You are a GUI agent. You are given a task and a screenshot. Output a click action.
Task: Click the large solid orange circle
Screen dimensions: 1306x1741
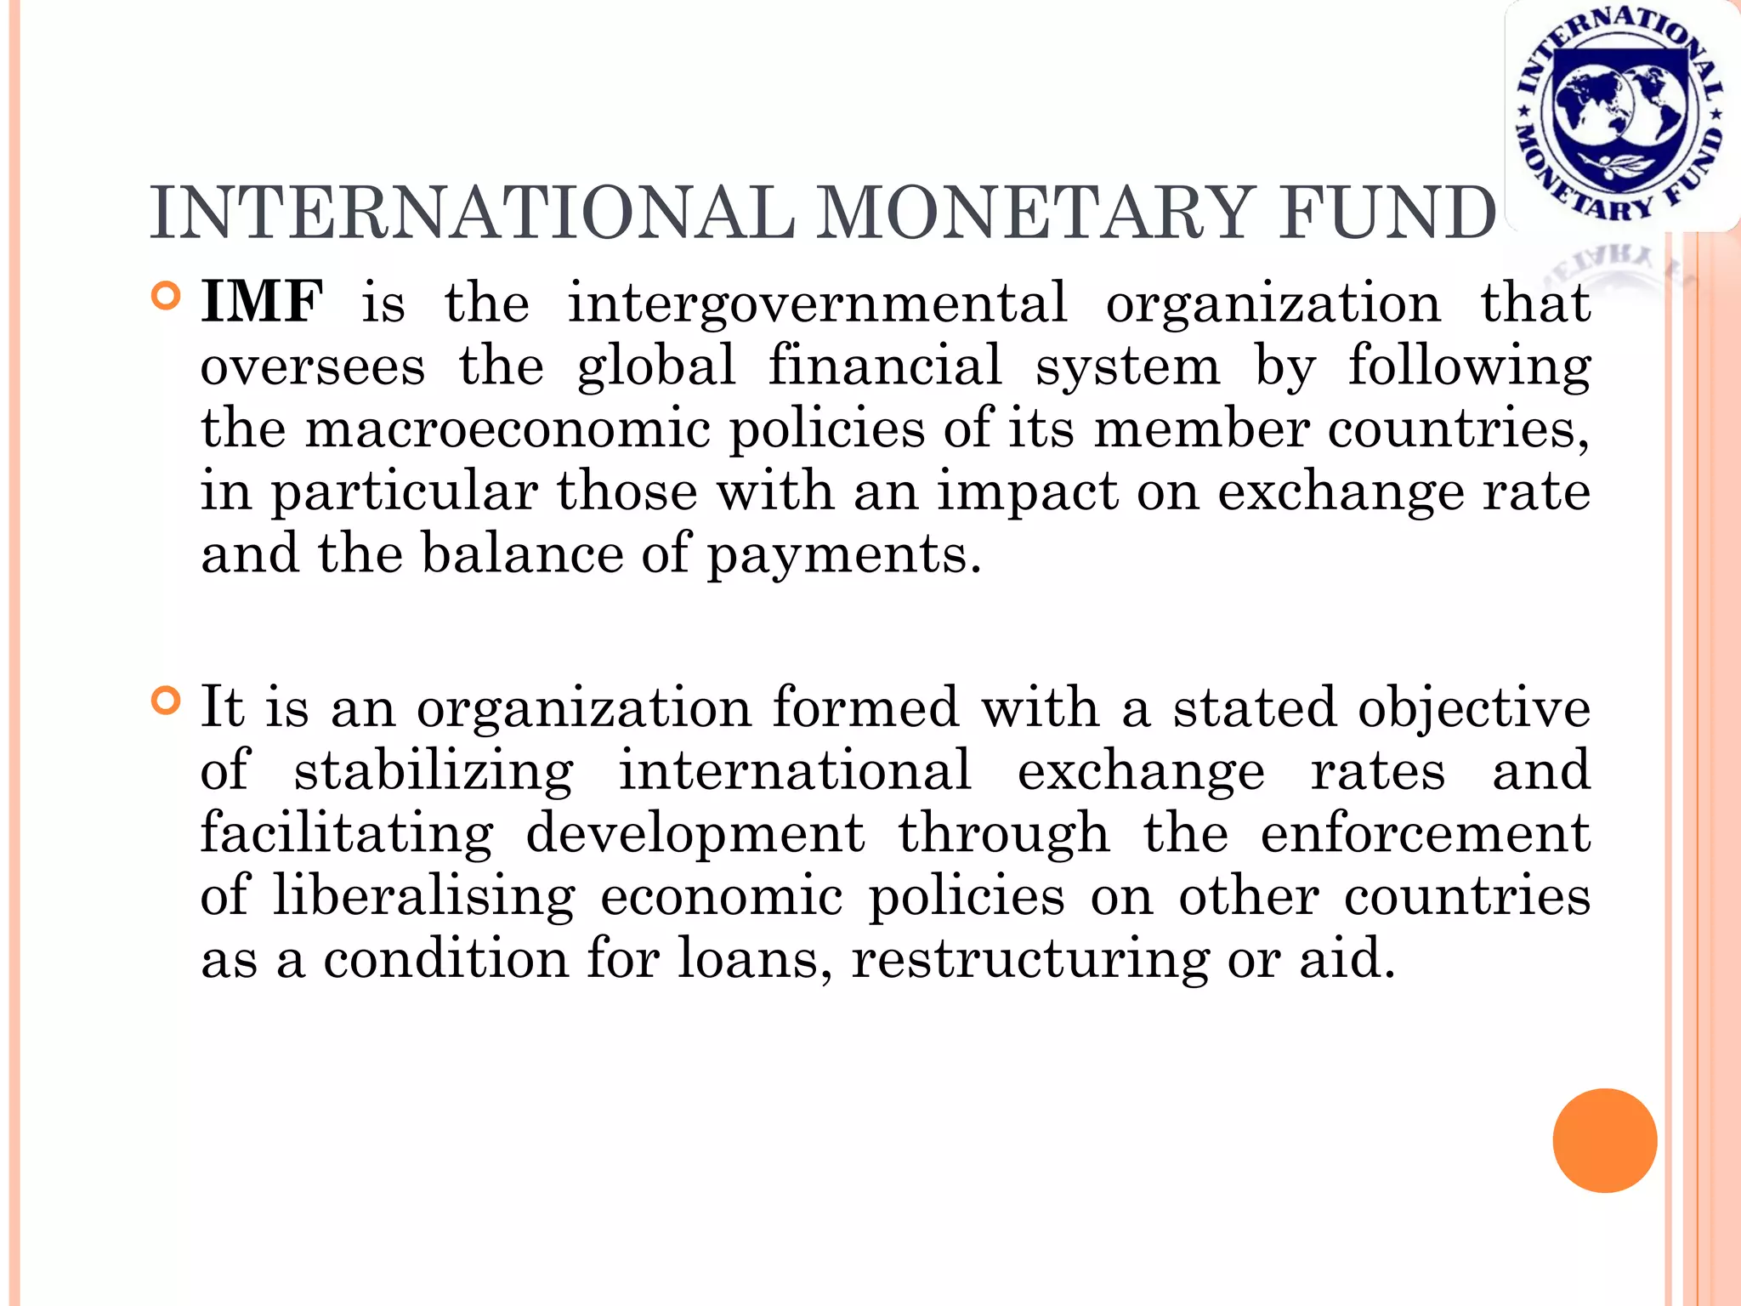(1604, 1140)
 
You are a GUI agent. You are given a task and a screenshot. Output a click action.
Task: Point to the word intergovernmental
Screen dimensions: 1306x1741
(817, 304)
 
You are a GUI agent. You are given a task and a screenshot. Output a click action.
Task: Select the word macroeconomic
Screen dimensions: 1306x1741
(508, 429)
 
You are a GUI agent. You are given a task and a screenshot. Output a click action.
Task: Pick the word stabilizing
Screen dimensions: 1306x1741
(434, 771)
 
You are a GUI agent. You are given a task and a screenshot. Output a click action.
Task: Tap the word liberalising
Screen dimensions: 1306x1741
(424, 897)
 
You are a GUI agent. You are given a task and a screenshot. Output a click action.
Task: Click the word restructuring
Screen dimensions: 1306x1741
(1029, 961)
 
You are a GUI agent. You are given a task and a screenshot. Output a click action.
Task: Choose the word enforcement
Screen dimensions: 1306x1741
(1425, 833)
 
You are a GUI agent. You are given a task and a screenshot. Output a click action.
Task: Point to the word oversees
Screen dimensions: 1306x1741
(313, 366)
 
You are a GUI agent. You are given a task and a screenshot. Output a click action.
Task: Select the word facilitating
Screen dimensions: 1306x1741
(347, 833)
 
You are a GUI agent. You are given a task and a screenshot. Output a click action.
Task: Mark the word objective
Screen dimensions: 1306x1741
(1474, 708)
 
